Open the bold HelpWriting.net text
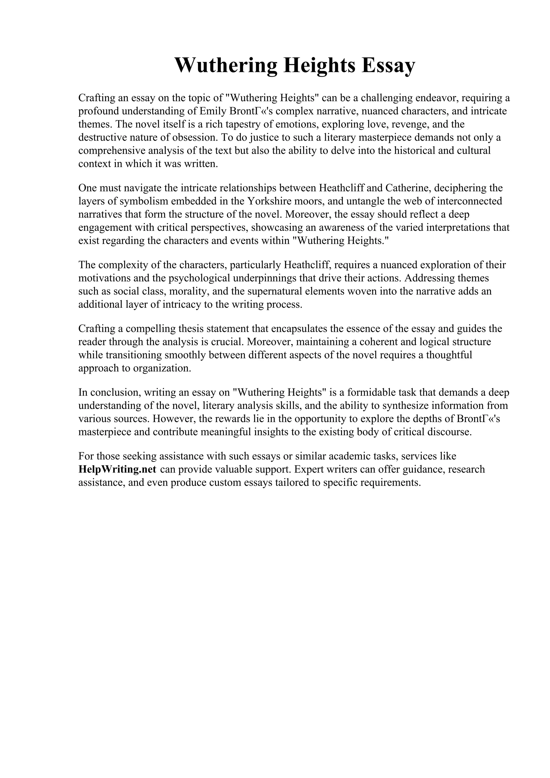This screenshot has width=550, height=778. (117, 470)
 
